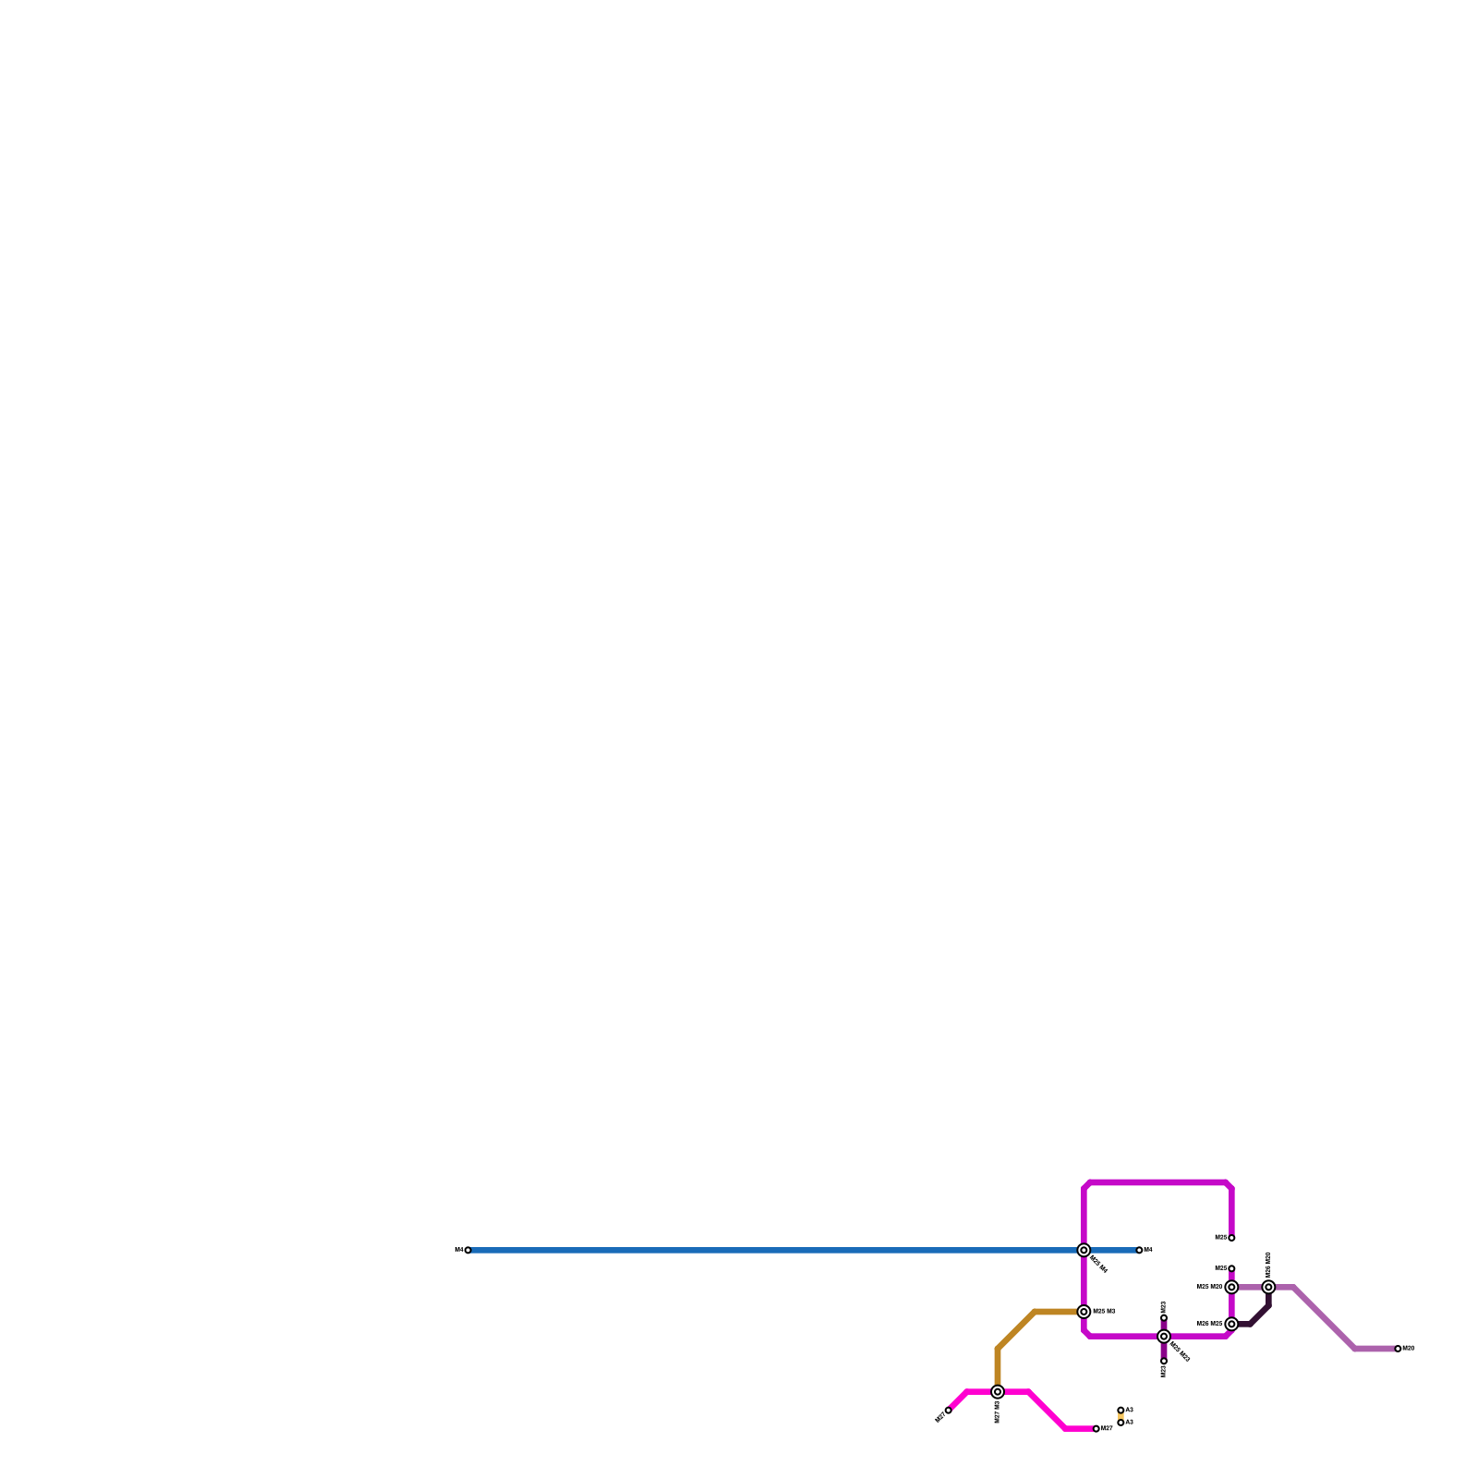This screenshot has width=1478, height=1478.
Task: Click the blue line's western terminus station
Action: coord(467,1250)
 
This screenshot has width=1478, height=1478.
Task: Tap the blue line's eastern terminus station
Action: coord(1139,1250)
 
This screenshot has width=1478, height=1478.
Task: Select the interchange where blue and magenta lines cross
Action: coord(1084,1250)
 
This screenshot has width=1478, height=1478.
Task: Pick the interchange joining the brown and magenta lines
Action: coord(1084,1312)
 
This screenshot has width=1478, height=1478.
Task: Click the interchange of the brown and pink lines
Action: coord(998,1392)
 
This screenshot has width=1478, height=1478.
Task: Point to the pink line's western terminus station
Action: coord(948,1411)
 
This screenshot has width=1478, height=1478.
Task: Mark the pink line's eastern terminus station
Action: coord(1096,1429)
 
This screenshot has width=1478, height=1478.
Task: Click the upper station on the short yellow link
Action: coord(1121,1411)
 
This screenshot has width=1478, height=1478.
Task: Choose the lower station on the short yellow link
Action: coord(1121,1423)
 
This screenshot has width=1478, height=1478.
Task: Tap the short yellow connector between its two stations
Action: coord(1121,1417)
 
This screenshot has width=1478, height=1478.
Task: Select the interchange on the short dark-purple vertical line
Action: coord(1164,1337)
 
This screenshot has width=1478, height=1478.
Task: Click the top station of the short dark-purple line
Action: coord(1164,1318)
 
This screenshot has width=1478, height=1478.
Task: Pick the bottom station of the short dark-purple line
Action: coord(1164,1361)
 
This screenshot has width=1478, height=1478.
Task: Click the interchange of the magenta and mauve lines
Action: coord(1231,1287)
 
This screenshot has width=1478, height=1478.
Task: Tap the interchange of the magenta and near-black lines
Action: coord(1231,1324)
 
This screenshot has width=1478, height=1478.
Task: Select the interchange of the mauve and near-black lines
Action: coord(1268,1287)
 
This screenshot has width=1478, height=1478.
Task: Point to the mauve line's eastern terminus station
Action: coord(1398,1349)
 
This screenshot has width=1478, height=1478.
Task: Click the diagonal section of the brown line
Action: coord(1016,1330)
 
